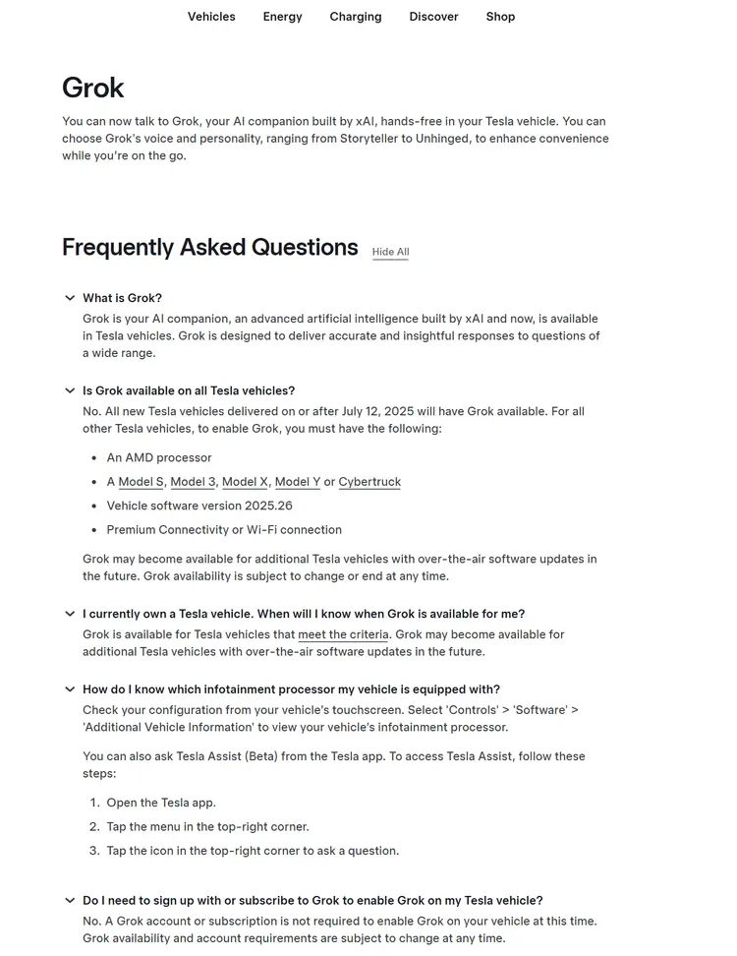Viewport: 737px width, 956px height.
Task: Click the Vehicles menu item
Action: pos(211,17)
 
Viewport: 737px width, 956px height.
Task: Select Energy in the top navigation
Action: pos(282,17)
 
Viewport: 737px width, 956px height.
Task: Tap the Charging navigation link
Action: pos(356,17)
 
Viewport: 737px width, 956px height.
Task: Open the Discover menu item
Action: pos(433,17)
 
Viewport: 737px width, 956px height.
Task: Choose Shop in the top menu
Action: pos(500,17)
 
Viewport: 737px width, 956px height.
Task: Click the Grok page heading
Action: pos(93,88)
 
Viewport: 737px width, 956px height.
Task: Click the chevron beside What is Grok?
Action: pos(70,298)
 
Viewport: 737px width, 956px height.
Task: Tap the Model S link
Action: pos(141,482)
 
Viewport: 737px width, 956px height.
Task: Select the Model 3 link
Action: pos(193,482)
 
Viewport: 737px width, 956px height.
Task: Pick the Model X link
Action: pos(245,482)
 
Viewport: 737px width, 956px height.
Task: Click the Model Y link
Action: pos(297,482)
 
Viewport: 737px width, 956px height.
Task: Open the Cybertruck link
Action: pos(369,482)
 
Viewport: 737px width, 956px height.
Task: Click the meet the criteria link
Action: pos(343,634)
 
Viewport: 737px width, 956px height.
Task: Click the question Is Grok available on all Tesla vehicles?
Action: pos(189,390)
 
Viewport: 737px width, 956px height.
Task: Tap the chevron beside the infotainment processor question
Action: pos(70,689)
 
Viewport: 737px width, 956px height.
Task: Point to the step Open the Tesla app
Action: pos(161,803)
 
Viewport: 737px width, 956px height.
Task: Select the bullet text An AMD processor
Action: pos(159,457)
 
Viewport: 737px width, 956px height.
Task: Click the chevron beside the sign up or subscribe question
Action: pos(70,900)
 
